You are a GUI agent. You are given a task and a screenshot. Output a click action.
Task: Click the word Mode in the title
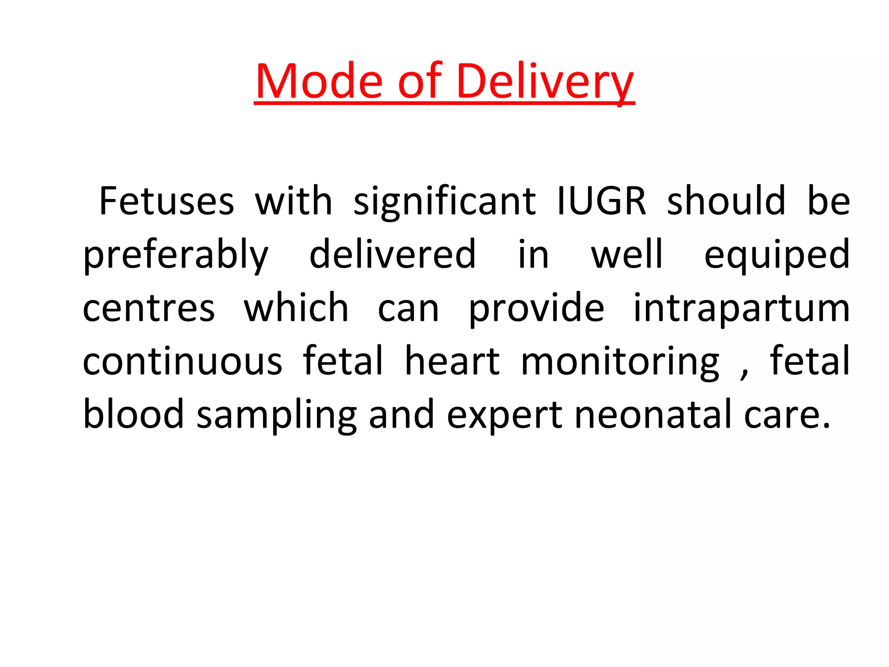click(x=319, y=82)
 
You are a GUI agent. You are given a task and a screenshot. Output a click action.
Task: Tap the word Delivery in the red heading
click(x=545, y=82)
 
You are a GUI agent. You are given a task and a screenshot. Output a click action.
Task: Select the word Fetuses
click(x=167, y=201)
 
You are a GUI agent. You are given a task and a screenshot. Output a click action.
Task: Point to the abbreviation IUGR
click(x=602, y=201)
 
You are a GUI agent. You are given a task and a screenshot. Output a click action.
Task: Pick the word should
click(x=726, y=201)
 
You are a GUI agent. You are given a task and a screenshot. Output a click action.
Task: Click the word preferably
click(x=176, y=255)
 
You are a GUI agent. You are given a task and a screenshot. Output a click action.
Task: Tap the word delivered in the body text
click(x=393, y=254)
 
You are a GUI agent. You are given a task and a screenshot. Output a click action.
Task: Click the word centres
click(x=149, y=308)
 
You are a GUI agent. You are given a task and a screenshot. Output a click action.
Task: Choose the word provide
click(x=537, y=308)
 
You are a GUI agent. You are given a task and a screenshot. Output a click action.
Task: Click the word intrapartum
click(x=741, y=308)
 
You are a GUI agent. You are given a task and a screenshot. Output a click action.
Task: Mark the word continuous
click(x=182, y=361)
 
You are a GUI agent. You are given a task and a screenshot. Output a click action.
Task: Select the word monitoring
click(x=620, y=362)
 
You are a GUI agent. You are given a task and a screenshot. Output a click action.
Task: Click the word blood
click(x=133, y=414)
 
